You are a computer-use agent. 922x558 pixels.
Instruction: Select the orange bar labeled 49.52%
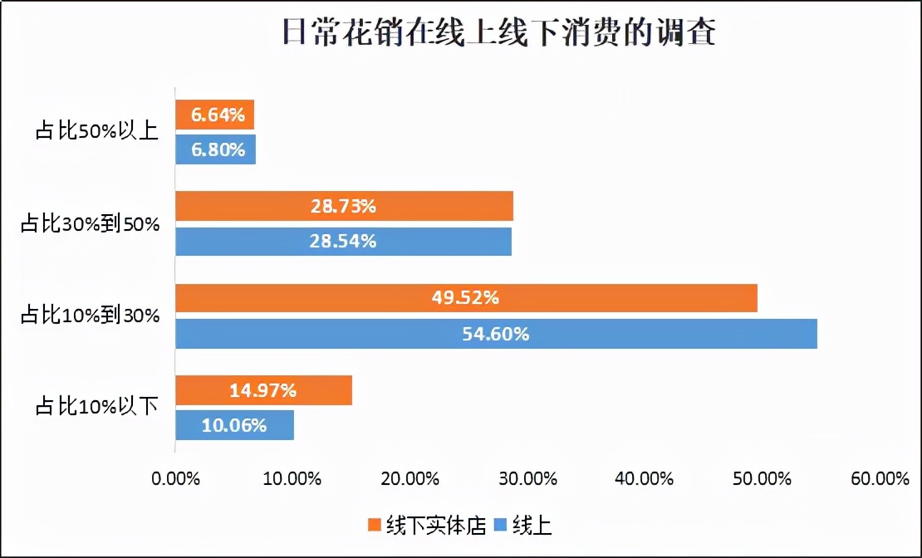tap(466, 297)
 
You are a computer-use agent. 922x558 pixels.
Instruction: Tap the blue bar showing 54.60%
tap(496, 334)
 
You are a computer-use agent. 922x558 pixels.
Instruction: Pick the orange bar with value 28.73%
tap(344, 206)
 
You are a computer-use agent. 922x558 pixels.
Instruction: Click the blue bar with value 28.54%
tap(343, 242)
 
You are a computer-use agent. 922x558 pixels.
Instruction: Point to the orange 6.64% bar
tap(214, 115)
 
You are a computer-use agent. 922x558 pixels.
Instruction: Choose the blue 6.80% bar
tap(215, 150)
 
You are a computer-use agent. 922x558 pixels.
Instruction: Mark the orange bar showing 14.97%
tap(263, 389)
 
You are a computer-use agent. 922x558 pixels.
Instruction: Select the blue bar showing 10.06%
tap(234, 425)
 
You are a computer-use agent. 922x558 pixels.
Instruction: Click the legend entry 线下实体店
tap(425, 525)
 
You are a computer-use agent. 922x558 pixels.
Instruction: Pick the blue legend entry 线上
tap(523, 525)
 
